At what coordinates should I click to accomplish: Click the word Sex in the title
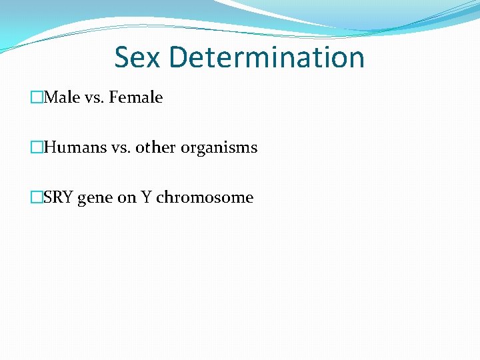pyautogui.click(x=138, y=57)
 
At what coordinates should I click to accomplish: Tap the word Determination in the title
pyautogui.click(x=267, y=57)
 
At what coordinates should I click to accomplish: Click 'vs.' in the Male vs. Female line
pyautogui.click(x=95, y=97)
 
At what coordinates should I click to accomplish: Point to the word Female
pyautogui.click(x=136, y=97)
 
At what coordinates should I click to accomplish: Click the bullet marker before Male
pyautogui.click(x=37, y=98)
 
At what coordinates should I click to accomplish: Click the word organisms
pyautogui.click(x=217, y=148)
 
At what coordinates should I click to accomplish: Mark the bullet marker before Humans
pyautogui.click(x=37, y=148)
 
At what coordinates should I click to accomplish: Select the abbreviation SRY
pyautogui.click(x=59, y=197)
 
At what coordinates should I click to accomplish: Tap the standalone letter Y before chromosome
pyautogui.click(x=146, y=197)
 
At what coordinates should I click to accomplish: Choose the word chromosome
pyautogui.click(x=205, y=197)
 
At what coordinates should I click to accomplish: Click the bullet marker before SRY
pyautogui.click(x=37, y=198)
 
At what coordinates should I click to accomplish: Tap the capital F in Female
pyautogui.click(x=113, y=97)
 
